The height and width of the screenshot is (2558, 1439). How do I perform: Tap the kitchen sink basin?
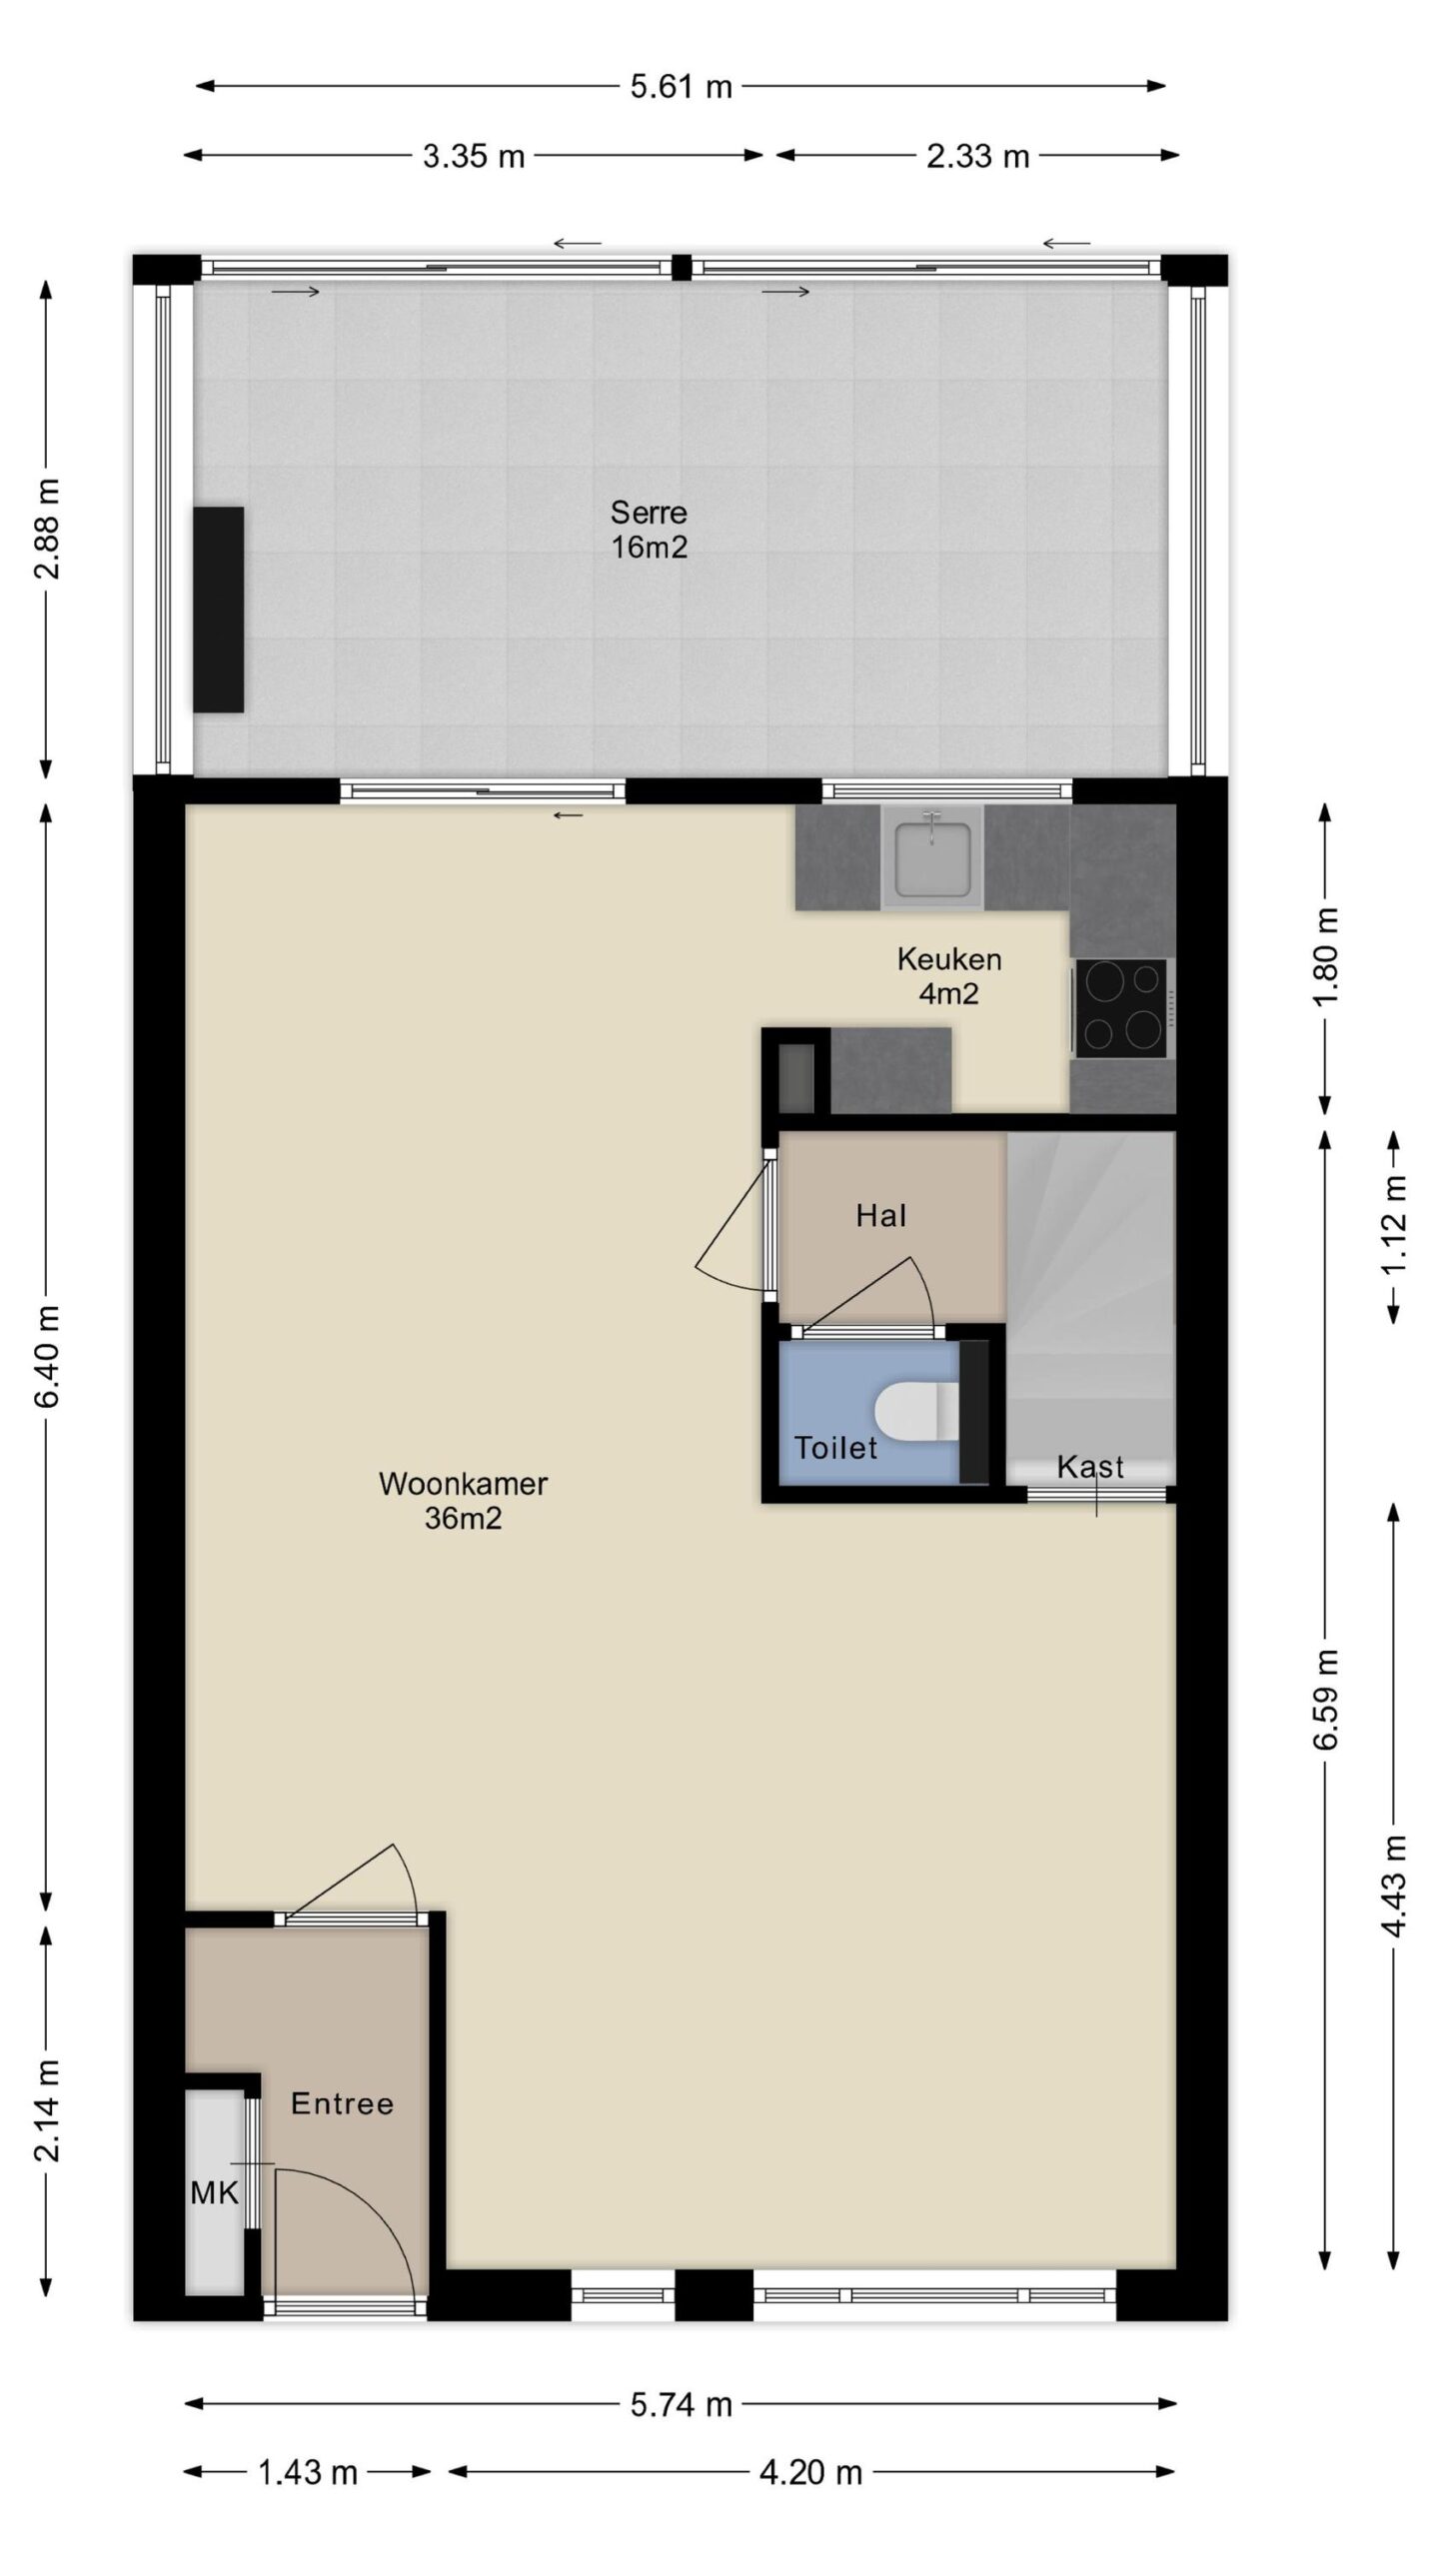tap(932, 857)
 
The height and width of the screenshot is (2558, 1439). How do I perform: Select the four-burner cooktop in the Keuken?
tap(1121, 1007)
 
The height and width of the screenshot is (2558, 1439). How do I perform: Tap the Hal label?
tap(881, 1215)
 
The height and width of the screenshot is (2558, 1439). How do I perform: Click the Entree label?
tap(342, 2103)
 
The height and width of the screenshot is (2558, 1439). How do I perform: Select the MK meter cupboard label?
tap(215, 2193)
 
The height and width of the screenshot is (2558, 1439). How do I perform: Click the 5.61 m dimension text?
tap(681, 87)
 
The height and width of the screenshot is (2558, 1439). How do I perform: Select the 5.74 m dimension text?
tap(681, 2403)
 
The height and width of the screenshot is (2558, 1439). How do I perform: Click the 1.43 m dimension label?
tap(307, 2472)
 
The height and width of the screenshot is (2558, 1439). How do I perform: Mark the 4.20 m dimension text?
tap(810, 2472)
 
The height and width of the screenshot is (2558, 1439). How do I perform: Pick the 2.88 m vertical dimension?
tap(47, 529)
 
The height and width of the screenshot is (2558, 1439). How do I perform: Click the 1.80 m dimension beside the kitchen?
tap(1326, 958)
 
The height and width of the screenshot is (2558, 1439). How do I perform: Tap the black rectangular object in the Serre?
tap(219, 610)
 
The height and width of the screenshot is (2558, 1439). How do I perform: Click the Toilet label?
tap(835, 1447)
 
